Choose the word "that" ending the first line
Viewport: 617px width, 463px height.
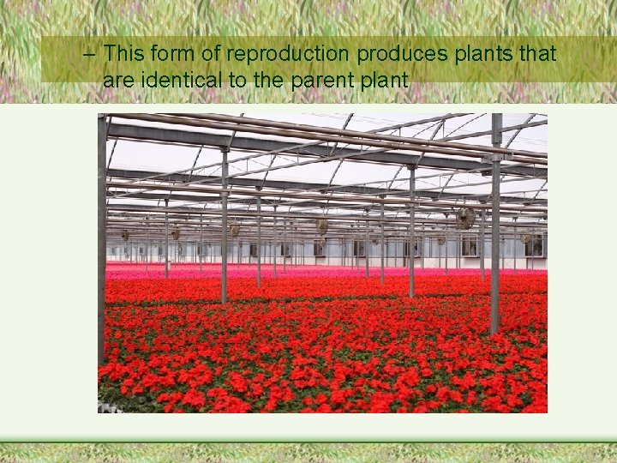(x=536, y=54)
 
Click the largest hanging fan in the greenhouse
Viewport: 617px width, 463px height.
(x=465, y=218)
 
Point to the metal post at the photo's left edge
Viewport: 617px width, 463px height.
(x=102, y=240)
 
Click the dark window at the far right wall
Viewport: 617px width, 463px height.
(x=535, y=247)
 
